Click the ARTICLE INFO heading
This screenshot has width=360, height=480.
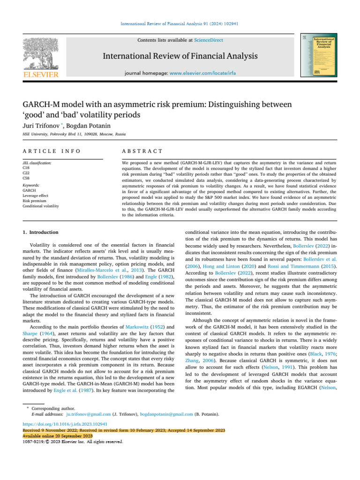52,151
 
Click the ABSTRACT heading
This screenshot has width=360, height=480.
142,151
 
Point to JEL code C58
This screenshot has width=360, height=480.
26,177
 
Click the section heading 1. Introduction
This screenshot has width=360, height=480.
41,232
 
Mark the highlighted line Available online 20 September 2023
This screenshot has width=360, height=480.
58,435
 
